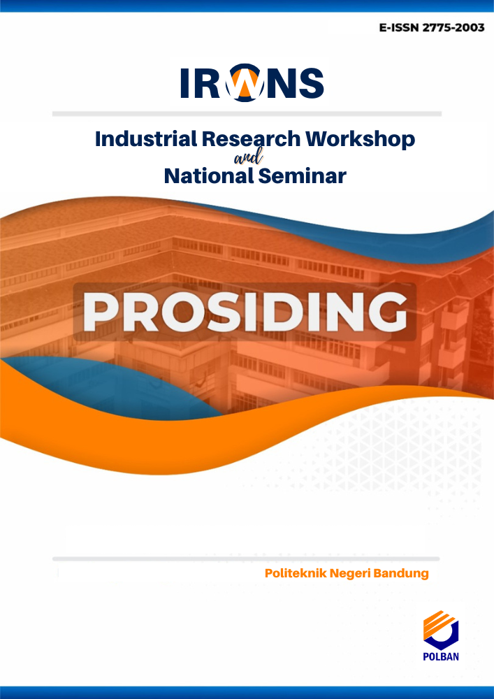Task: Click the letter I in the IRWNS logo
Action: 184,83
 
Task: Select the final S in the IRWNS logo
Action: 311,83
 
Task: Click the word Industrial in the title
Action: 145,139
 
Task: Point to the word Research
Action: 252,140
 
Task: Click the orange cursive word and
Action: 248,158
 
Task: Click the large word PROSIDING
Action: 245,312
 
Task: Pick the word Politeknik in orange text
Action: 295,573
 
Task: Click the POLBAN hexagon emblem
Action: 440,630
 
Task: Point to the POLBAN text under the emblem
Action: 441,656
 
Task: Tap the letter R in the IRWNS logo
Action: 208,83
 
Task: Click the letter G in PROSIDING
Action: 387,312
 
